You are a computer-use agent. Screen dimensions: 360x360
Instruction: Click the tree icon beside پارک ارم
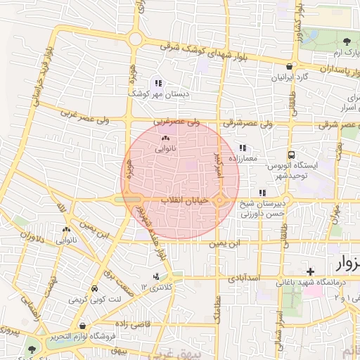pyautogui.click(x=349, y=40)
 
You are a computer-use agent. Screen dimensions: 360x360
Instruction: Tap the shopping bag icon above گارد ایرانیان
pyautogui.click(x=288, y=65)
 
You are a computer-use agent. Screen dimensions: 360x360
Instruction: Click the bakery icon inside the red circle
pyautogui.click(x=166, y=139)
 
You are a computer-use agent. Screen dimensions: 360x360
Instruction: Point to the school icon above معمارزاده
pyautogui.click(x=243, y=148)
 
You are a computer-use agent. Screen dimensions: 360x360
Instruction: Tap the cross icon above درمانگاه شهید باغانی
pyautogui.click(x=310, y=271)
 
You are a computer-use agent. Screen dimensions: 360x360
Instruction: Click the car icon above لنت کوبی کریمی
pyautogui.click(x=94, y=289)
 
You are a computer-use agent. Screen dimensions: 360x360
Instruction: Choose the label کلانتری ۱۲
pyautogui.click(x=156, y=287)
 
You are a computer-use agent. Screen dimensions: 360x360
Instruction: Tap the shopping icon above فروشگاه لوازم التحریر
pyautogui.click(x=84, y=326)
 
